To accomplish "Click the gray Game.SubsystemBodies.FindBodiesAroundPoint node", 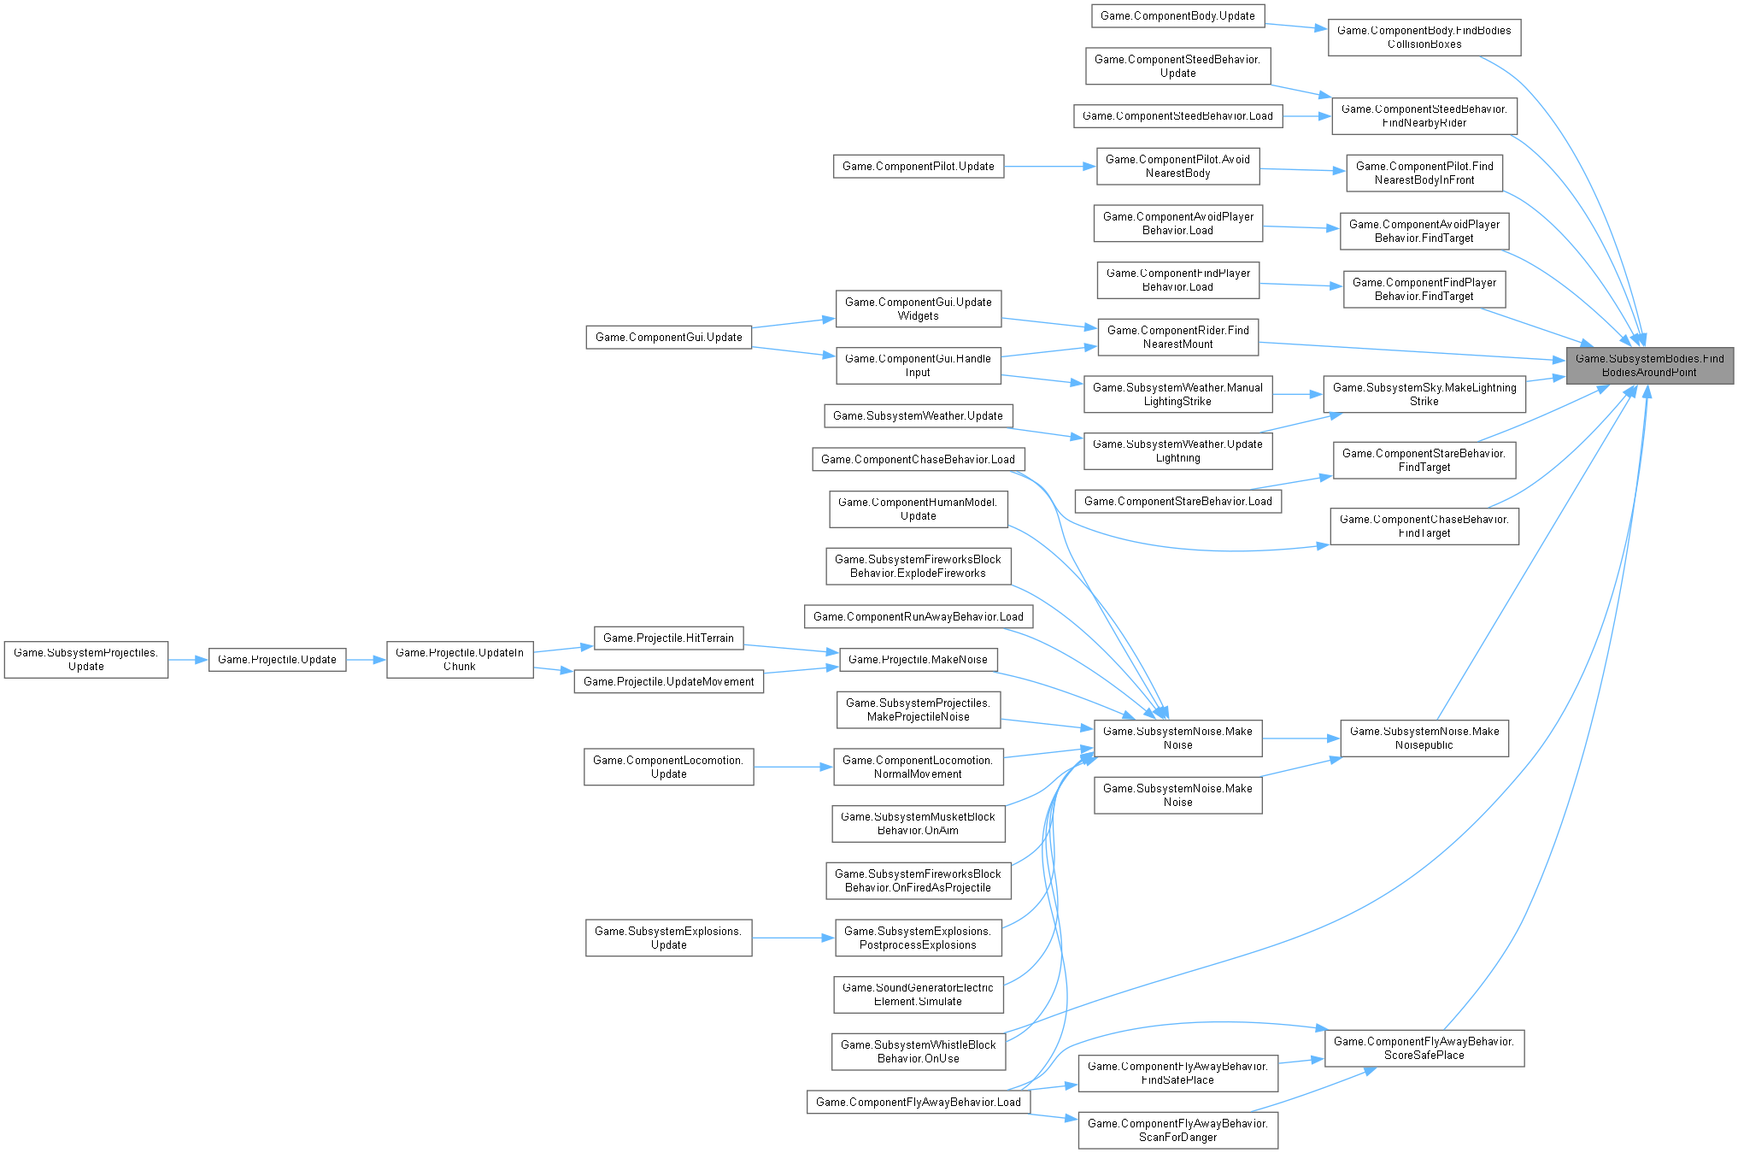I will tap(1649, 366).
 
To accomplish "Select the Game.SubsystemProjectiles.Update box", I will tap(86, 660).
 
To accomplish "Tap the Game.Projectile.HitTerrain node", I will tap(668, 638).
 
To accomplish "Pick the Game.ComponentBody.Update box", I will tap(1177, 15).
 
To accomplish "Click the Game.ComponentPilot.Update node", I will tap(919, 166).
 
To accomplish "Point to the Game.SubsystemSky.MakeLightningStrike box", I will tap(1424, 394).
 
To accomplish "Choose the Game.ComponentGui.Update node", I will tap(668, 337).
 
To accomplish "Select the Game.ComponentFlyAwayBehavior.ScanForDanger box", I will tap(1177, 1130).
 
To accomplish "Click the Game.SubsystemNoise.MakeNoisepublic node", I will tap(1424, 738).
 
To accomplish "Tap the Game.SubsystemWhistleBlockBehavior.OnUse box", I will tap(919, 1051).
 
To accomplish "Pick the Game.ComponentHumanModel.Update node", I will tap(919, 509).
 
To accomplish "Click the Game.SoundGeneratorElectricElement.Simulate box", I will tap(919, 994).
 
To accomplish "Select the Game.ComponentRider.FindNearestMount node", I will tap(1177, 337).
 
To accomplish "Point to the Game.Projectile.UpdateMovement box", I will tap(668, 681).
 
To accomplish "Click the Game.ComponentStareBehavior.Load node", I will tap(1177, 501).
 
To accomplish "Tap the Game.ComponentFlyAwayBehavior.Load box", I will tap(919, 1102).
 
